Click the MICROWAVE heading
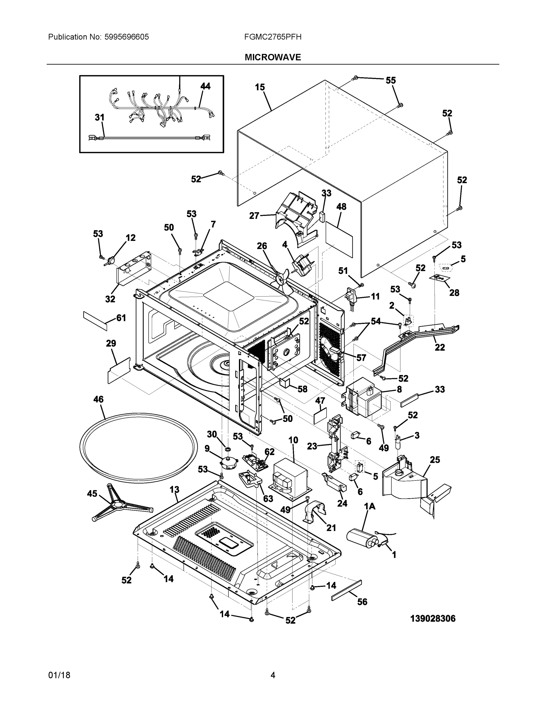point(273,57)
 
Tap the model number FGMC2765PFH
point(273,37)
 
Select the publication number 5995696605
point(127,37)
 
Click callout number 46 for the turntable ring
point(98,399)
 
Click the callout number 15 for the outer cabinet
point(260,87)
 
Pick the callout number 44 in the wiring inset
point(205,86)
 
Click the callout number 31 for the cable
point(99,117)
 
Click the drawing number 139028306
point(432,619)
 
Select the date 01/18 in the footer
point(59,675)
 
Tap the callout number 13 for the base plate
point(174,490)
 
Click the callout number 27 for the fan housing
point(254,216)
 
